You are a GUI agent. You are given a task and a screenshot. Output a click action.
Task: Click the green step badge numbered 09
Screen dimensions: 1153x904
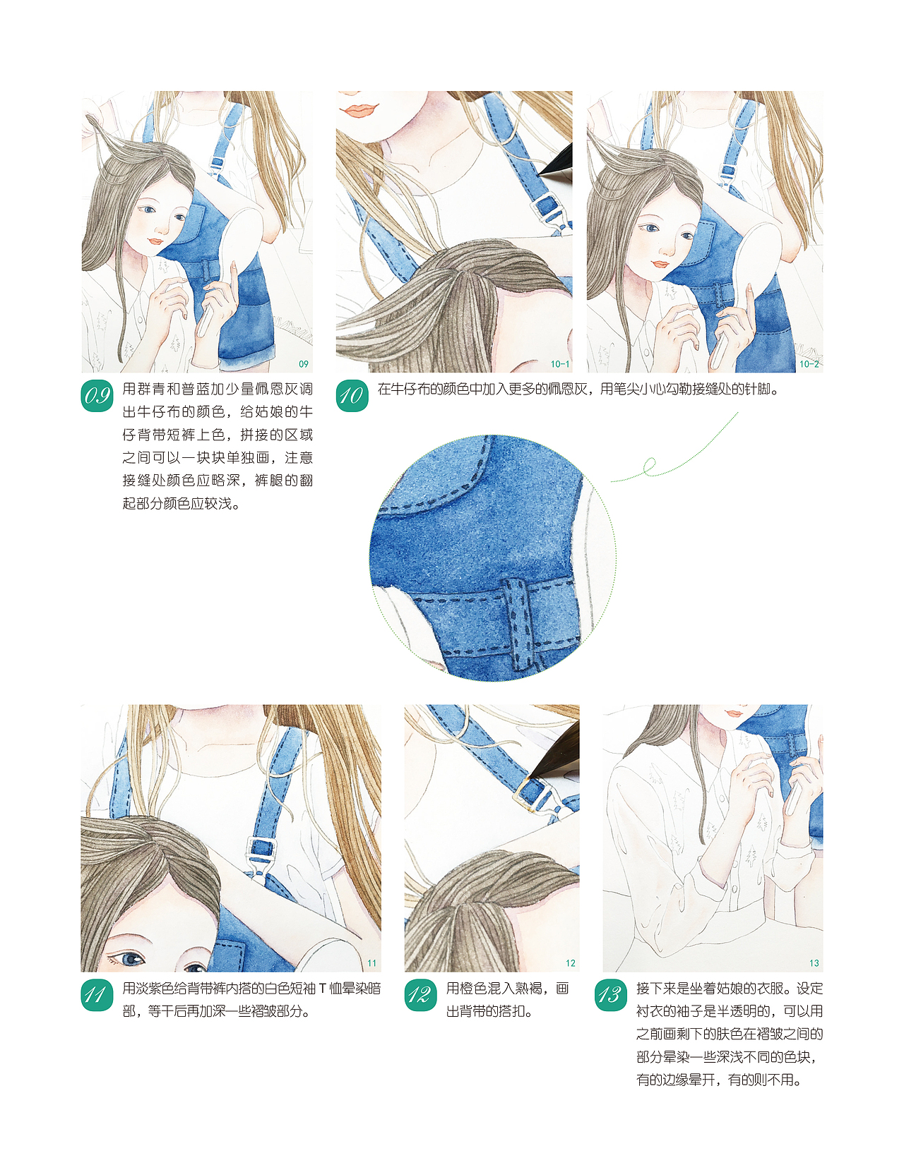[97, 396]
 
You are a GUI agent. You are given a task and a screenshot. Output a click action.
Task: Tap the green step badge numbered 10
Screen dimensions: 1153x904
[352, 396]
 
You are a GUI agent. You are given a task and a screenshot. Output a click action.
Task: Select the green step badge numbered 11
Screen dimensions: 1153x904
[97, 995]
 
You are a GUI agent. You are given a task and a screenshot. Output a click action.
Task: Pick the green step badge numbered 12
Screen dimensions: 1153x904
[421, 995]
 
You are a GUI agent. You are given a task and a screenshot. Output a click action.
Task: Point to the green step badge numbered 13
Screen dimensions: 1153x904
[611, 995]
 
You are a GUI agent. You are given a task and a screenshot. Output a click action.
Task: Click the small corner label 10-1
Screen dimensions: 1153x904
[559, 364]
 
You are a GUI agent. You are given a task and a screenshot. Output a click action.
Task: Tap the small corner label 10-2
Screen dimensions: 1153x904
[809, 364]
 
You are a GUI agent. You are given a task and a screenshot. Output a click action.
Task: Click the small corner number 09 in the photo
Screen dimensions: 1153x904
[304, 364]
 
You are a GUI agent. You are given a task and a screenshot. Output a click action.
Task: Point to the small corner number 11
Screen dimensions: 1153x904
[372, 963]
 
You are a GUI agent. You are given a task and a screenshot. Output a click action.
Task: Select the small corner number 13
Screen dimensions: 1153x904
[814, 963]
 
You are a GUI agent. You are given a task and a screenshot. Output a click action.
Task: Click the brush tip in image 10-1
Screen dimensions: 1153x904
[540, 174]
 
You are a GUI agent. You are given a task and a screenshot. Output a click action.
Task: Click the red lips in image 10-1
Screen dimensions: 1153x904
[360, 110]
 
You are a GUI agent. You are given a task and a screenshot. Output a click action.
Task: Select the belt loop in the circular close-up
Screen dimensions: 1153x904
[520, 624]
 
